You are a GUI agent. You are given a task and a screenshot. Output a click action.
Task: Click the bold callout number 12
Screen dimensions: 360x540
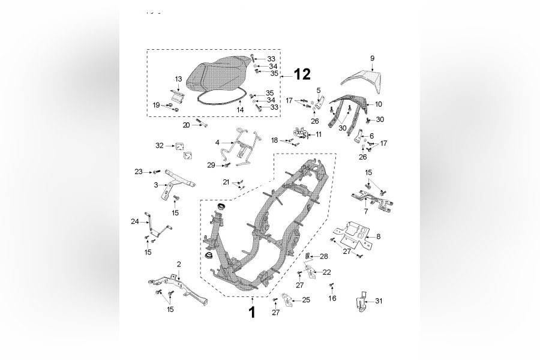302,74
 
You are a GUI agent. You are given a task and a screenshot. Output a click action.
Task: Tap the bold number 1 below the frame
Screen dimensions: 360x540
252,312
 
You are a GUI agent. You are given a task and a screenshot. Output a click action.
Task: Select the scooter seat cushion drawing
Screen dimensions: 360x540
220,77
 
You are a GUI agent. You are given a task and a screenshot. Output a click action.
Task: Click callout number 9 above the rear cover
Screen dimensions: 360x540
372,58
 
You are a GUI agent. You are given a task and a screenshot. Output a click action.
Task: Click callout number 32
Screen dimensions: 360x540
159,145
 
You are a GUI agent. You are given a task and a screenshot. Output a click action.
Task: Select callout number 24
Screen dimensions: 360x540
135,221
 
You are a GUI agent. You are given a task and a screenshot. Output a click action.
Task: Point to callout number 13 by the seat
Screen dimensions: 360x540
178,79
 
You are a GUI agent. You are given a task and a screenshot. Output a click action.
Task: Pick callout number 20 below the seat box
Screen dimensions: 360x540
186,125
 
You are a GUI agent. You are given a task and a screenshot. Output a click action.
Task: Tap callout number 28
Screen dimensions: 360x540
324,256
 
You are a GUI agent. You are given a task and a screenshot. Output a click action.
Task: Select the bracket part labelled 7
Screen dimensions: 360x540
372,199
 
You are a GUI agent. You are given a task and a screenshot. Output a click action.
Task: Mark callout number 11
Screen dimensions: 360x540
318,134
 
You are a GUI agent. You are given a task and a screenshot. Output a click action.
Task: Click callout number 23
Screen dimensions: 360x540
139,172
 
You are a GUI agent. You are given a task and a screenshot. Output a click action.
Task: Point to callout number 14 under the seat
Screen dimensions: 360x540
240,110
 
